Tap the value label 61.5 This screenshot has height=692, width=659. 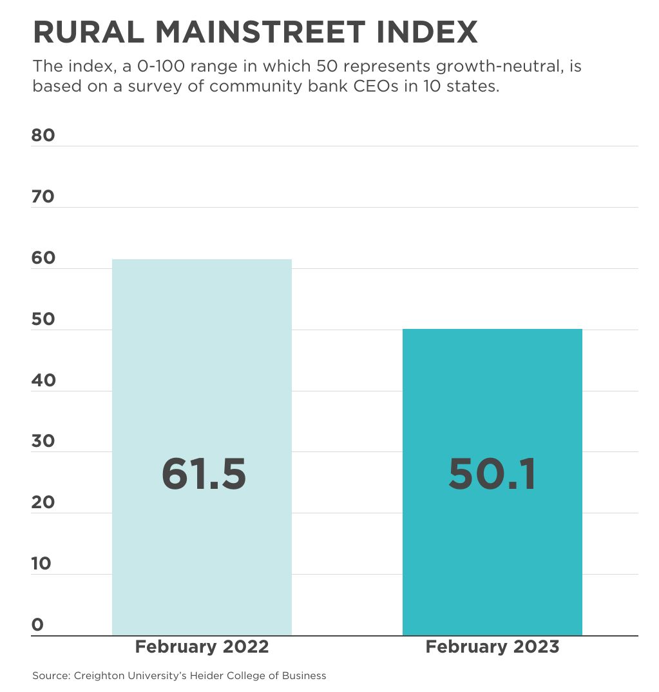[204, 474]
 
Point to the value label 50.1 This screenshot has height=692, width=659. [492, 474]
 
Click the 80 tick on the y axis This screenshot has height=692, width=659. [43, 135]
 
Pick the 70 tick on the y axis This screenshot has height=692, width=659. [43, 197]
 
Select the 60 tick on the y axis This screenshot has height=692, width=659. [43, 258]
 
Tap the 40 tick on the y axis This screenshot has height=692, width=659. [43, 381]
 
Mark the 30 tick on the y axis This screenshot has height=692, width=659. [43, 441]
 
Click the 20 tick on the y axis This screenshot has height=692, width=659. [43, 502]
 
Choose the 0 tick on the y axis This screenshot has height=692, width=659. [37, 624]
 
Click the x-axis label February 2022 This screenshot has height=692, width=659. [202, 647]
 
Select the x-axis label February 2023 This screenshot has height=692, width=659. [492, 647]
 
